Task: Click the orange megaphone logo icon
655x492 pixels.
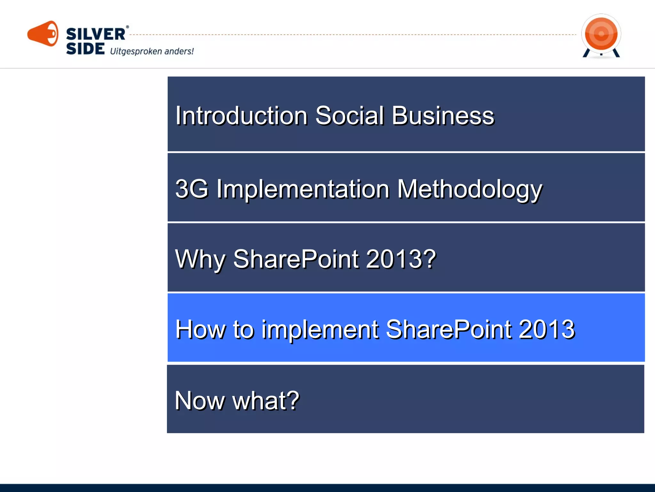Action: point(43,34)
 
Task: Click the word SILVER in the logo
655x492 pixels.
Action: point(95,34)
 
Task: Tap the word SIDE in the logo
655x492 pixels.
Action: point(85,49)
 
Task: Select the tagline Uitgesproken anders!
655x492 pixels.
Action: point(152,51)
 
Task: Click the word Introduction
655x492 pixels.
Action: point(241,116)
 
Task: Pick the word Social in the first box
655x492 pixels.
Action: point(349,116)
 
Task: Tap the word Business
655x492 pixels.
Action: point(443,116)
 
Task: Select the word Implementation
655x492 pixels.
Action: point(303,189)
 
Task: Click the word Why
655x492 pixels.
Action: point(200,259)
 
